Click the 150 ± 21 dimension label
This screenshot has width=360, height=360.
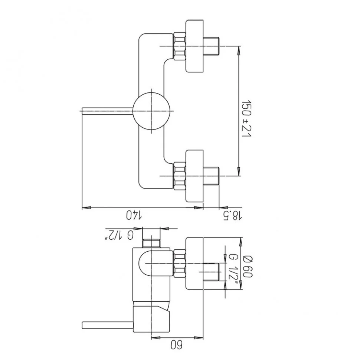(x=247, y=118)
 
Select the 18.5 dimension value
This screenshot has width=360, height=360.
(x=232, y=216)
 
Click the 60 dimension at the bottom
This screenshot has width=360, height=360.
(x=176, y=345)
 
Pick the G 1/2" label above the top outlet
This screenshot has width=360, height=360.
(x=119, y=235)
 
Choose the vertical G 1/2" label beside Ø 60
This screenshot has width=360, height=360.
(x=232, y=269)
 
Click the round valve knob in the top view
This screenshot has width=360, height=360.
(x=151, y=111)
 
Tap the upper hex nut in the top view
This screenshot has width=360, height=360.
(x=179, y=46)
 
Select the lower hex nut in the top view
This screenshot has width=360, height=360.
(x=179, y=176)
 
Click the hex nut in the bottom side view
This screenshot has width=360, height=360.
(x=179, y=264)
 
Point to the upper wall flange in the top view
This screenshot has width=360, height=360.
(x=194, y=46)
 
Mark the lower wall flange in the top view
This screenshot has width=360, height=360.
(x=194, y=176)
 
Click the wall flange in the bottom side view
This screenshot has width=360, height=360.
(x=194, y=264)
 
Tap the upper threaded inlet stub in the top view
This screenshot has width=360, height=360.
(x=212, y=46)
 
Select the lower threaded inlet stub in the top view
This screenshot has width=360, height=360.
(x=212, y=176)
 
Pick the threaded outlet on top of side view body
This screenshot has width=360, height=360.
(x=151, y=243)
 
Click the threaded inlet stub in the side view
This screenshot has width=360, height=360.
(x=212, y=272)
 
